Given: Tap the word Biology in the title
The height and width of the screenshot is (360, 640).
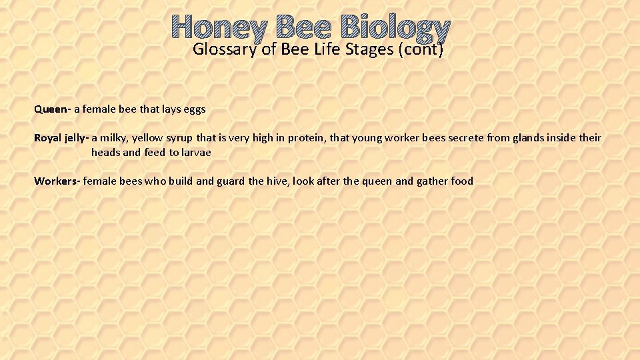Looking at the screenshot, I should (x=395, y=28).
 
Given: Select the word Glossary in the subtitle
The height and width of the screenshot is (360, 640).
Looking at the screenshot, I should (x=224, y=49).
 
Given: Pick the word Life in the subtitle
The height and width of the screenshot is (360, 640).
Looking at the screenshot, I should (x=327, y=49).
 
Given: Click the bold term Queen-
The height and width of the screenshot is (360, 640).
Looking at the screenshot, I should (x=53, y=109).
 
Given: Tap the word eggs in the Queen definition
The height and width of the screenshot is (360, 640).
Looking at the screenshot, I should (x=194, y=109).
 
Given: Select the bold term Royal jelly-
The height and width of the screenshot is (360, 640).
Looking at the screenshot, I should (x=61, y=138).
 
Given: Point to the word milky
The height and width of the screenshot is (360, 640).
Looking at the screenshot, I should (x=114, y=138).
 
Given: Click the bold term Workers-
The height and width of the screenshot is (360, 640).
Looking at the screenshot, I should (x=57, y=181).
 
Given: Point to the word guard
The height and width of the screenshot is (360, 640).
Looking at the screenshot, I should (x=231, y=181).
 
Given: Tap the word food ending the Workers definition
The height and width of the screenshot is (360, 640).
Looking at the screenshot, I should (x=462, y=181).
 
